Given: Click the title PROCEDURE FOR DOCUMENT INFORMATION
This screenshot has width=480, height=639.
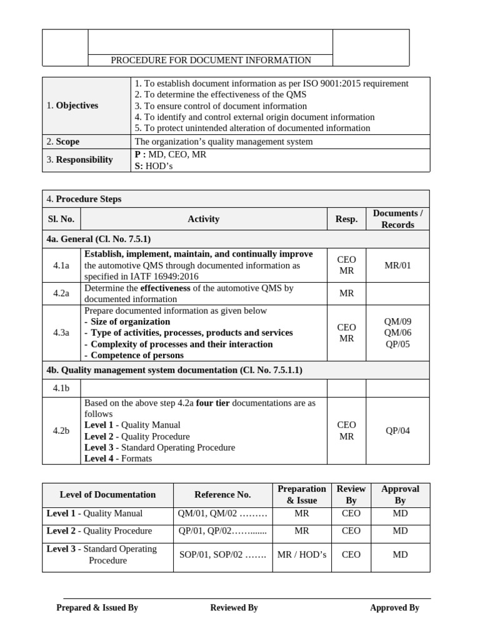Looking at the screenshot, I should [x=211, y=60].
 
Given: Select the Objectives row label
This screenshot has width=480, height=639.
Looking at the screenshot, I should [x=72, y=105].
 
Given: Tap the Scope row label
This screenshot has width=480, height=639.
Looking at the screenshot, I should [x=63, y=142].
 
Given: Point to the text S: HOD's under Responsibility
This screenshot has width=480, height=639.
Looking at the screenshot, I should [x=155, y=165].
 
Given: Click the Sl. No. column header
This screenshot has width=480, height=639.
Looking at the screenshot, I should [x=61, y=219].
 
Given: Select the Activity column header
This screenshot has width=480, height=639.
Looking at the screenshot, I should [x=204, y=219].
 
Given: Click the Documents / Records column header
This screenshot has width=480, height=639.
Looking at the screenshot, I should [x=397, y=219].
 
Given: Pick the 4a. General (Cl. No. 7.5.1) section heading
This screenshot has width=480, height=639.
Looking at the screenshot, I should [x=99, y=239].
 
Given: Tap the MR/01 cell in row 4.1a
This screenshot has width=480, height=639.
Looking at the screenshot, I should [x=397, y=265].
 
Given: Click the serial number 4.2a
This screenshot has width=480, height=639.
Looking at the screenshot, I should [x=61, y=294].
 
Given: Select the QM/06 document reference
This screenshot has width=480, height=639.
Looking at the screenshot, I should [x=397, y=333].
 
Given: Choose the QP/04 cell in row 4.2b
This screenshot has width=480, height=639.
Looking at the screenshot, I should [x=397, y=431].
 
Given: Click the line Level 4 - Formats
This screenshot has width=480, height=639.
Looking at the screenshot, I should [x=118, y=458].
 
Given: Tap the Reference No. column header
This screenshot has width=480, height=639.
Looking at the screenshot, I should [x=222, y=494].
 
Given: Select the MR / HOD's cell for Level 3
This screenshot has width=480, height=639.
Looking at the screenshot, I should [x=302, y=554].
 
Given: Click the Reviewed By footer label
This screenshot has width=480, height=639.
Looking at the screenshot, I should [x=234, y=607].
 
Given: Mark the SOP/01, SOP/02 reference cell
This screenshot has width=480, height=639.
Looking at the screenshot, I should [x=222, y=554].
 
